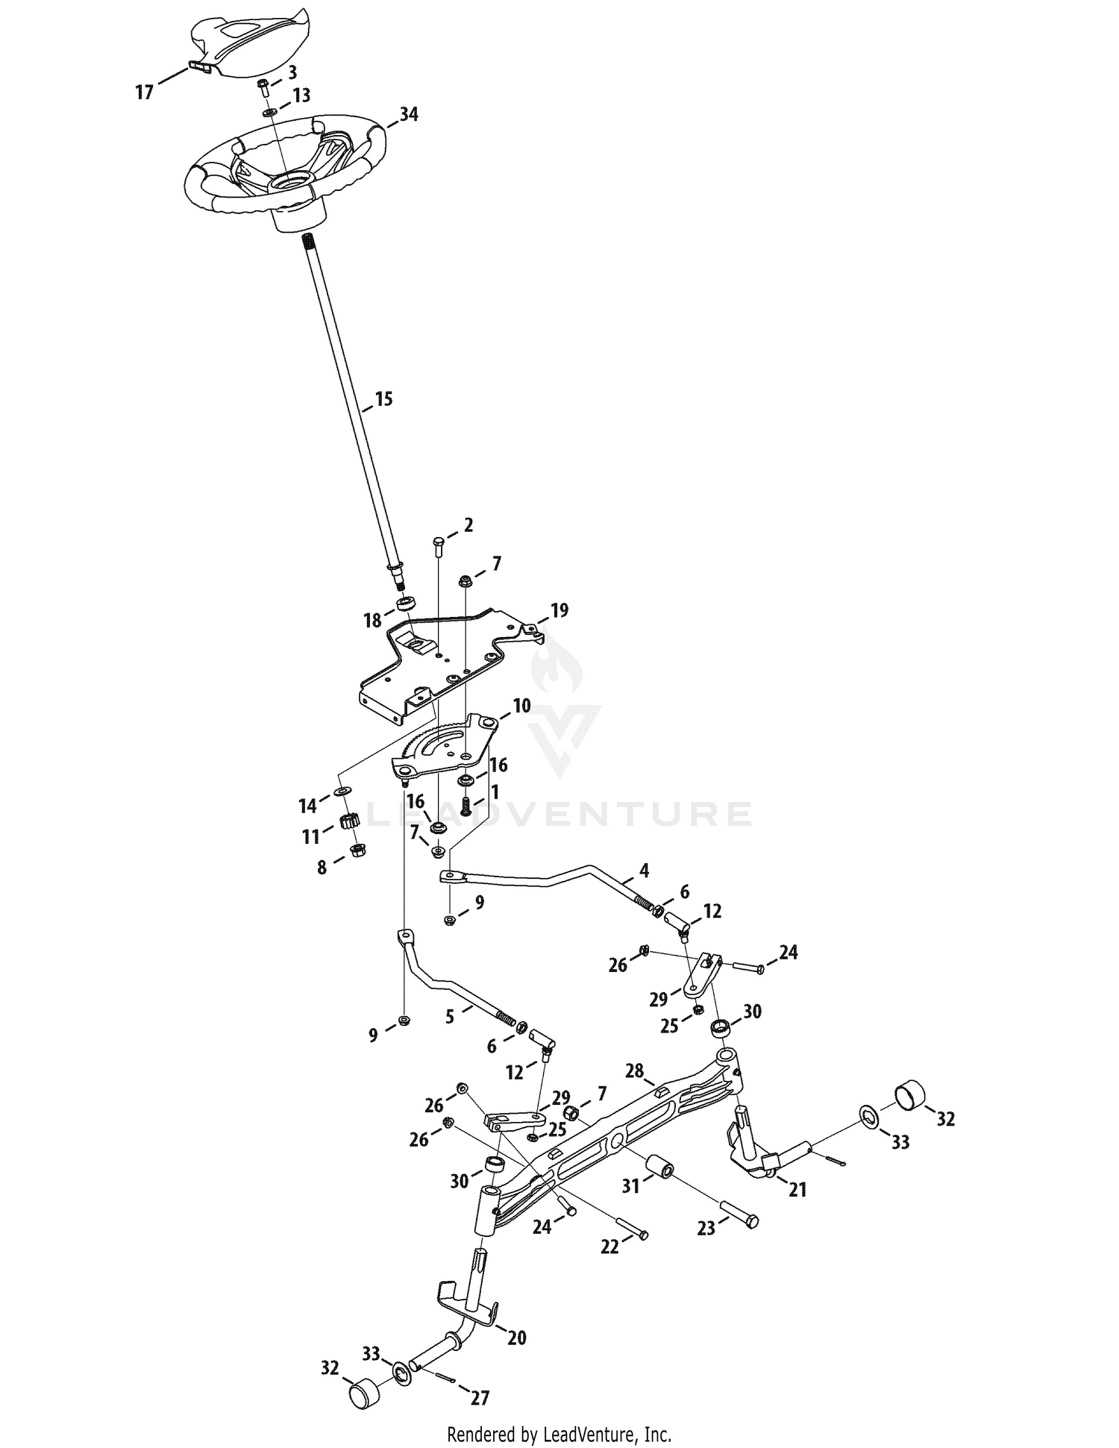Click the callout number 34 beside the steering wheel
pyautogui.click(x=408, y=115)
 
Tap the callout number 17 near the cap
pyautogui.click(x=144, y=93)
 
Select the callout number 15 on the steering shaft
pyautogui.click(x=383, y=399)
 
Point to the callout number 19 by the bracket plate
pyautogui.click(x=559, y=611)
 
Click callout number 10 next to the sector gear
pyautogui.click(x=521, y=706)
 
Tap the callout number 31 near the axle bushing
pyautogui.click(x=632, y=1185)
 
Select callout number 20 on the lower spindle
pyautogui.click(x=517, y=1338)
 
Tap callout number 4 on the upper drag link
pyautogui.click(x=644, y=871)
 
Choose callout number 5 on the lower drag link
pyautogui.click(x=450, y=1017)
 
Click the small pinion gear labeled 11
pyautogui.click(x=345, y=823)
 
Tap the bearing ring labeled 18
pyautogui.click(x=405, y=603)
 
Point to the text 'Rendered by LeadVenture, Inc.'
pyautogui.click(x=559, y=1434)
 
